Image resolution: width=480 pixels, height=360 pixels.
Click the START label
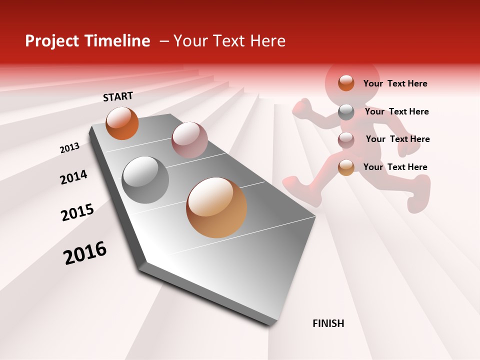click(118, 96)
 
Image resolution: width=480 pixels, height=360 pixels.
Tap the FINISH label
click(328, 323)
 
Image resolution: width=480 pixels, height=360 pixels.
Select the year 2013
click(69, 147)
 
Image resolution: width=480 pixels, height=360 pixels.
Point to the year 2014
click(73, 177)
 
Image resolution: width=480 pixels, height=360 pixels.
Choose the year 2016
click(85, 252)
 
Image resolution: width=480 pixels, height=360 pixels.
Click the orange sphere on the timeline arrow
click(122, 123)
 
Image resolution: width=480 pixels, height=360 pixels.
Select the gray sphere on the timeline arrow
click(145, 180)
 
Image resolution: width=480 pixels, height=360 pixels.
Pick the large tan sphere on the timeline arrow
click(216, 207)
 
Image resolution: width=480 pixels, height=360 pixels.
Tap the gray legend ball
click(346, 112)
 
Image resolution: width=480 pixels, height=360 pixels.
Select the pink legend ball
click(346, 139)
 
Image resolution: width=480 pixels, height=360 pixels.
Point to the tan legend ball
click(346, 167)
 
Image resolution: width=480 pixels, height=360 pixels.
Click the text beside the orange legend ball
click(395, 83)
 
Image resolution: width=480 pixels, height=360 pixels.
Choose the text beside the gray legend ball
click(396, 111)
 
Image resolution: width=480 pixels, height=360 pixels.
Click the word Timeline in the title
click(117, 41)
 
